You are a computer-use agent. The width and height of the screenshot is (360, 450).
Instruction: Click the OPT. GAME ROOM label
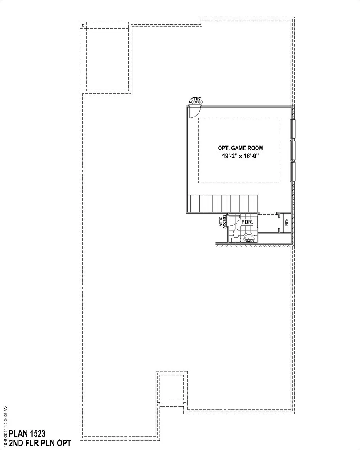coord(240,148)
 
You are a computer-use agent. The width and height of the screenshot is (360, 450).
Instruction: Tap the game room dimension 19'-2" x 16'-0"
coord(240,156)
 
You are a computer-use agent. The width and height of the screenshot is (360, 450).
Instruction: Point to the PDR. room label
coord(247,222)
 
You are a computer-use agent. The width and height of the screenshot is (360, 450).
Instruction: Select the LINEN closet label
coord(287,223)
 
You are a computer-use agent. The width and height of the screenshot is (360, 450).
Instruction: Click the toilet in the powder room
coord(236,235)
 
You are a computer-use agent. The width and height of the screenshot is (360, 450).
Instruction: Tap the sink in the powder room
coord(249,238)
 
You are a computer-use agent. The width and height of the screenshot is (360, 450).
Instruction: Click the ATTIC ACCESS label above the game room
coord(195,100)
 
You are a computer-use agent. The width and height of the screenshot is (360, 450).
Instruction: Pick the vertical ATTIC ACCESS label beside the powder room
coord(222,221)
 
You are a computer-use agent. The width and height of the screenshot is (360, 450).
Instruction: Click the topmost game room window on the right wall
coord(293,129)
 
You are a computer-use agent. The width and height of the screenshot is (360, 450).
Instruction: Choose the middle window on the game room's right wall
coord(293,150)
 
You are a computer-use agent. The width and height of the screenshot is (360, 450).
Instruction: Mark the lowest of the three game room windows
coord(293,172)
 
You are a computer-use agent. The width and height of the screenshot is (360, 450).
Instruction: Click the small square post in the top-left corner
coord(83,26)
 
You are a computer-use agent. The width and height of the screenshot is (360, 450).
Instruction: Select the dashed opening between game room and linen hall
coord(268,213)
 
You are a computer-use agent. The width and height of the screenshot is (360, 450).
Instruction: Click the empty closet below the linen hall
coord(274,238)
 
